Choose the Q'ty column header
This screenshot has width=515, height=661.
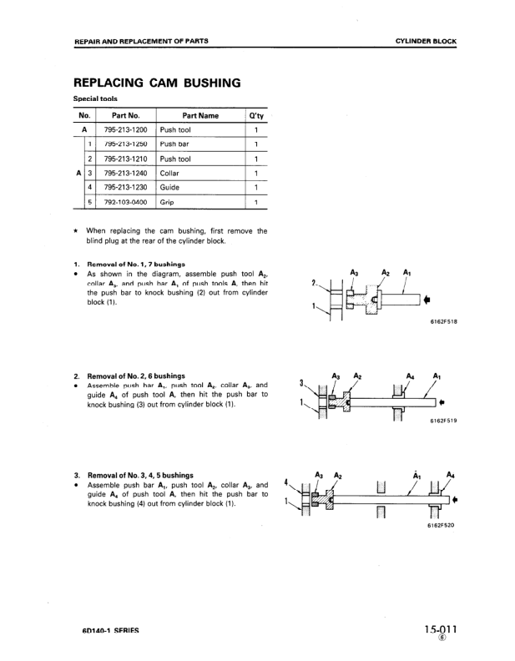256,115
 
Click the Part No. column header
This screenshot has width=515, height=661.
125,115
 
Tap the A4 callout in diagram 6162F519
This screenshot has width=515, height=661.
409,376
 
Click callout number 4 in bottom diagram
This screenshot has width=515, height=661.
286,482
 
